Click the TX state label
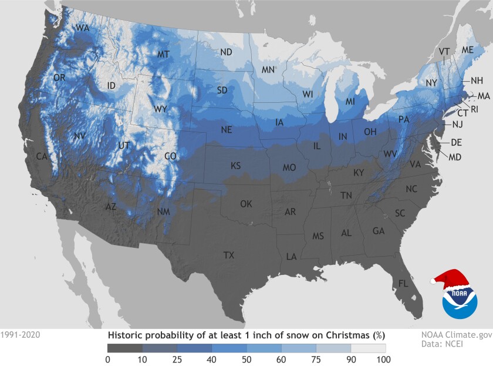(228, 255)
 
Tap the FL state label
(403, 283)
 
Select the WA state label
(82, 28)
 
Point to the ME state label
(468, 50)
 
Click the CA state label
(42, 157)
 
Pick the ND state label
(226, 52)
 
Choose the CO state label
(170, 157)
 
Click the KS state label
(235, 166)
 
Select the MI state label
(350, 102)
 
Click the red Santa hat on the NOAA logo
(449, 278)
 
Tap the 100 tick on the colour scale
(386, 359)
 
